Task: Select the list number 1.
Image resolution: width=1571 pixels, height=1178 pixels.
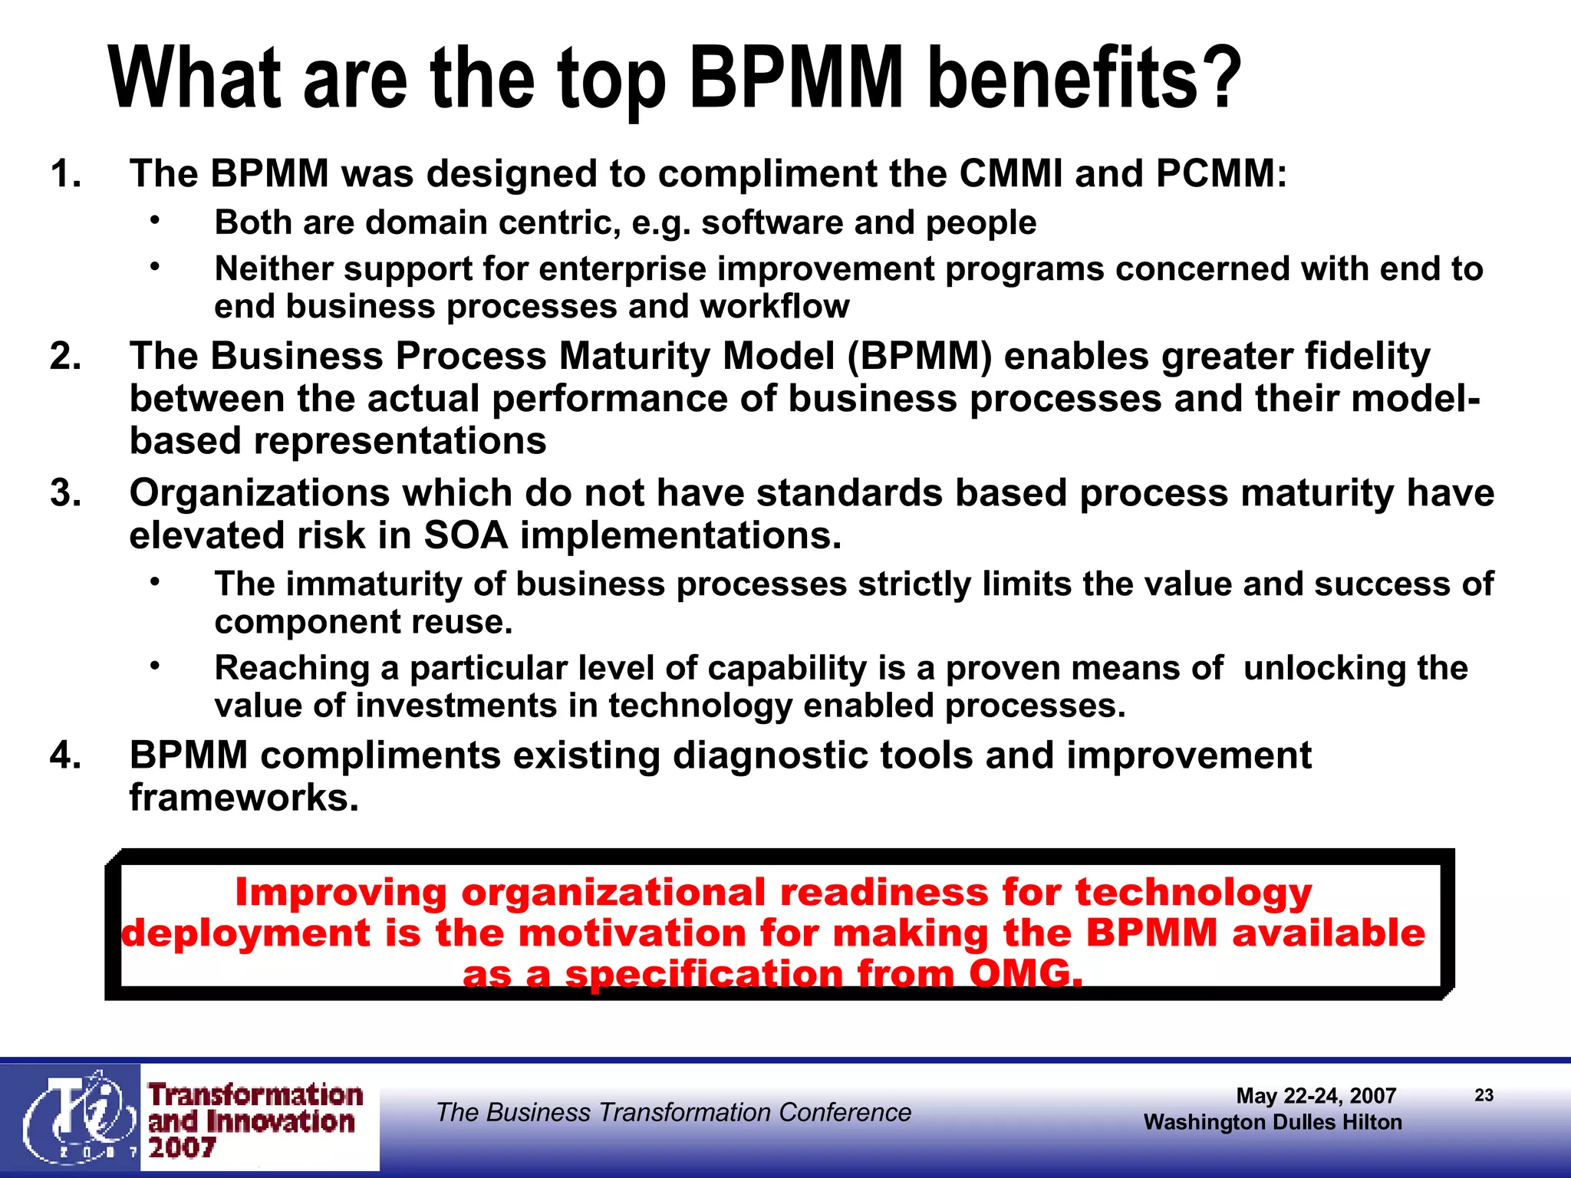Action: [x=64, y=173]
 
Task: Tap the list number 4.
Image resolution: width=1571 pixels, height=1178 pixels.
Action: [x=64, y=755]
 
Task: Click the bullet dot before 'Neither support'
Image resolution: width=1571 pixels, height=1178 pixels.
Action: [x=155, y=266]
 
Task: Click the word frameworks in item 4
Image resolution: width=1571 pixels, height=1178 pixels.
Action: [x=244, y=798]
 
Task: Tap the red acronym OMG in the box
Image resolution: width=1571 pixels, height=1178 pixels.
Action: [x=1025, y=974]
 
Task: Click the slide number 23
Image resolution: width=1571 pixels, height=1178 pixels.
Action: [x=1484, y=1095]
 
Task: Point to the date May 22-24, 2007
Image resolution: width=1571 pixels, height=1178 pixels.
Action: [x=1316, y=1096]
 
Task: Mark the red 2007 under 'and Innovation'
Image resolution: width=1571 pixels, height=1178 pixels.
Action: [x=182, y=1148]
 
